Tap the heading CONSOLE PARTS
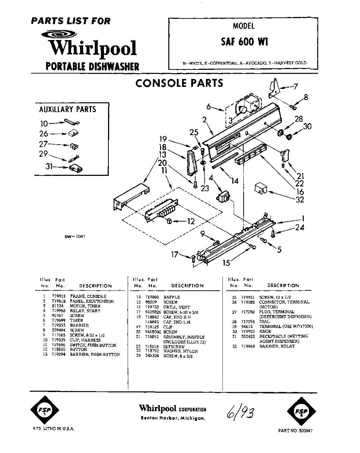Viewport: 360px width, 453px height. coord(179,83)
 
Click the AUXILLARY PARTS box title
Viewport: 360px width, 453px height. coord(68,109)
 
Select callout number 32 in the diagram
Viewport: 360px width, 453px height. coord(300,200)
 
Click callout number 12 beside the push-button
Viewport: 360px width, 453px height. coord(191,222)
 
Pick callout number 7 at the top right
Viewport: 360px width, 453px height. coord(296,86)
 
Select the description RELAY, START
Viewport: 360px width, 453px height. coord(85,311)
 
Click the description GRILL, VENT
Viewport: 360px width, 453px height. coord(176,307)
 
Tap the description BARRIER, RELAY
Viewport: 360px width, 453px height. coord(277,346)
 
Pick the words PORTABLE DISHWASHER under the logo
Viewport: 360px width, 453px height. coord(92,67)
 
